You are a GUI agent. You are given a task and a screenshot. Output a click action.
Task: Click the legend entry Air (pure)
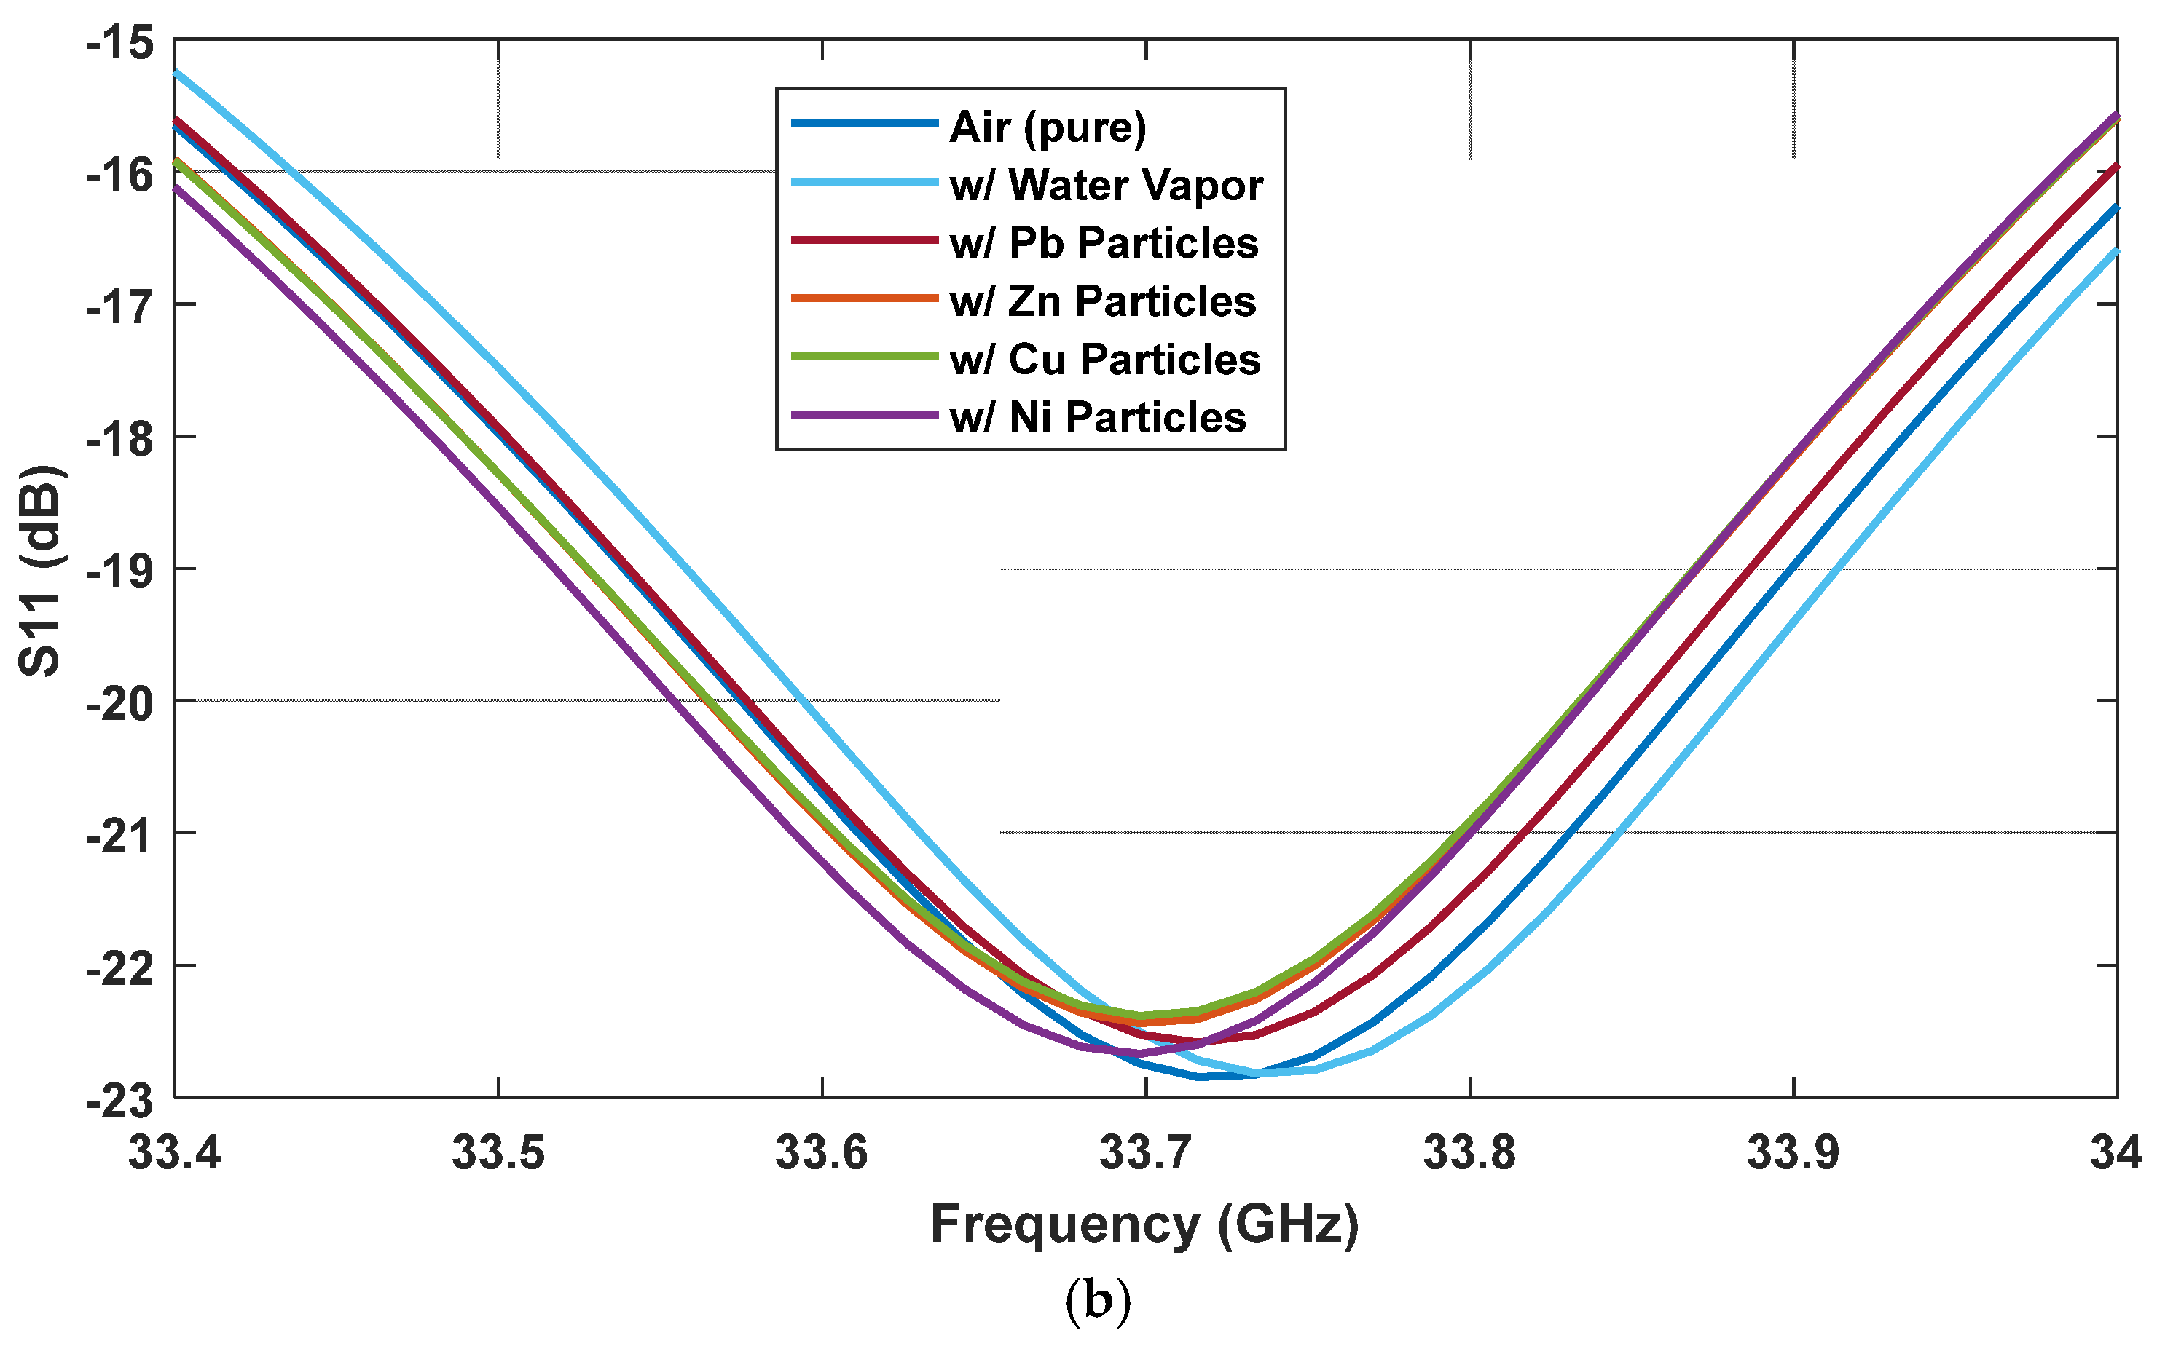(x=1048, y=127)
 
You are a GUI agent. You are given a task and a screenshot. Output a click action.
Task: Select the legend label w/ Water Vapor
(x=1106, y=185)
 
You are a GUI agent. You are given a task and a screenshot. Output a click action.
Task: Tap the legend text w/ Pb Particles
(x=1104, y=243)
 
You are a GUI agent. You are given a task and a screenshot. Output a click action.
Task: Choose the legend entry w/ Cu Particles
(x=1104, y=359)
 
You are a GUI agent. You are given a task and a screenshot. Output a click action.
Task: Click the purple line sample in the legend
(x=864, y=415)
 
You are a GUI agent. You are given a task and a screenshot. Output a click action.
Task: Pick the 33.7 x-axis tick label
(x=1145, y=1153)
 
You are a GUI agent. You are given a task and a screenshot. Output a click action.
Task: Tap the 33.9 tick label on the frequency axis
(x=1793, y=1153)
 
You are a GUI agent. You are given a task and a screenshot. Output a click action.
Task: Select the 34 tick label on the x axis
(x=2116, y=1153)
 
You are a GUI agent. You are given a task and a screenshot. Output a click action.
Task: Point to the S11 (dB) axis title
(x=40, y=570)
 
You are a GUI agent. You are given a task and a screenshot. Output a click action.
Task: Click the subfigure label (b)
(x=1097, y=1302)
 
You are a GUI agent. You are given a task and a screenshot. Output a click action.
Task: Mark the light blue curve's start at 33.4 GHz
(x=176, y=72)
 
